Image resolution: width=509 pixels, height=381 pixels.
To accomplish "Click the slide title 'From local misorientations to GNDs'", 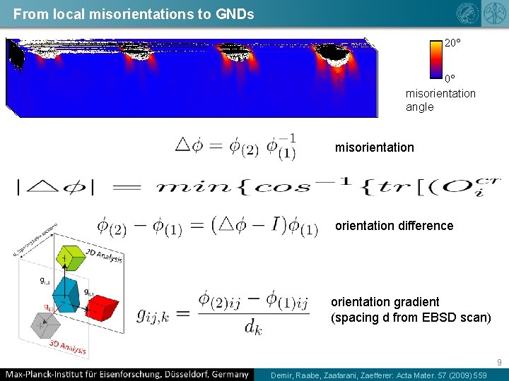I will pos(134,13).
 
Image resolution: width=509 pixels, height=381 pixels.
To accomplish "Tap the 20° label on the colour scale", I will pos(452,43).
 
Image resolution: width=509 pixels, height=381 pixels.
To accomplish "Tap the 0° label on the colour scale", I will pos(450,78).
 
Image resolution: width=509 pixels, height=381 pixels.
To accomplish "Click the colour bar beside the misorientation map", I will pos(435,58).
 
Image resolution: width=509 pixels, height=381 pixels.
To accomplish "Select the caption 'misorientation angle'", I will pos(440,100).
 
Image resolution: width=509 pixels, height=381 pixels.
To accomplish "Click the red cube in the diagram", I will pos(103,308).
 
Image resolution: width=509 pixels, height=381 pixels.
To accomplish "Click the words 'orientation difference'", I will pos(394,226).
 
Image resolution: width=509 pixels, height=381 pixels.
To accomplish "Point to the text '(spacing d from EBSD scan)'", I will pos(411,317).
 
